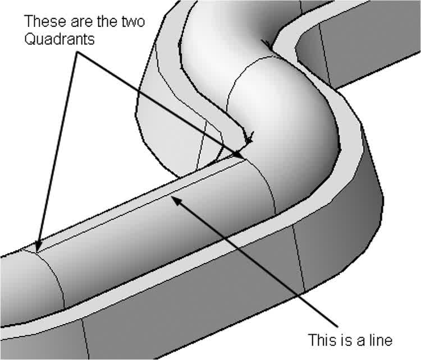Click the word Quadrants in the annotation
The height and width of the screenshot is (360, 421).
click(60, 39)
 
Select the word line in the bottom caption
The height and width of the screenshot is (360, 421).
click(379, 339)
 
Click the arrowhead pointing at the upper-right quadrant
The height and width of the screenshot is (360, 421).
click(238, 155)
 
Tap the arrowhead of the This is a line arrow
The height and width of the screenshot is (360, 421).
click(176, 200)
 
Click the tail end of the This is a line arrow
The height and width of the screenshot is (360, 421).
click(337, 327)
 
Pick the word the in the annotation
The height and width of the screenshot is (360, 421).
click(108, 21)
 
